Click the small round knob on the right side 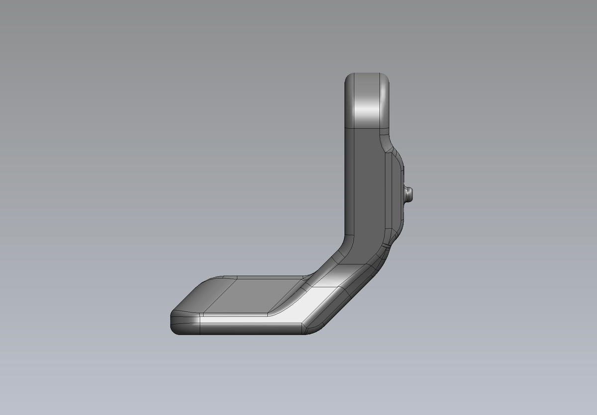click(x=409, y=194)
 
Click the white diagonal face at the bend click(x=323, y=303)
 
